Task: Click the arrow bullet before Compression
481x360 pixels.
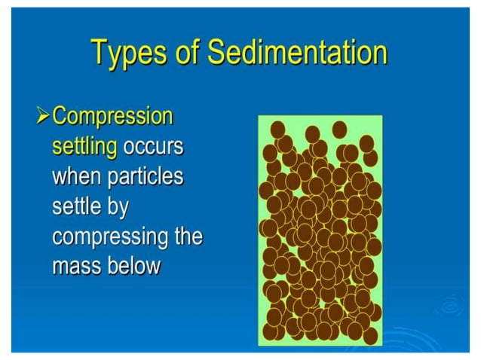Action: pyautogui.click(x=43, y=117)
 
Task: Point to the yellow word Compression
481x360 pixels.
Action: pyautogui.click(x=113, y=117)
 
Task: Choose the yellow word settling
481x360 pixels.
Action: pyautogui.click(x=84, y=146)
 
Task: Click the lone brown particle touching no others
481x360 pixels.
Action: pyautogui.click(x=339, y=129)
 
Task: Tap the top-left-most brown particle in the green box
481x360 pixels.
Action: pyautogui.click(x=278, y=128)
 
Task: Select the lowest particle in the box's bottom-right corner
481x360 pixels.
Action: pyautogui.click(x=370, y=335)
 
